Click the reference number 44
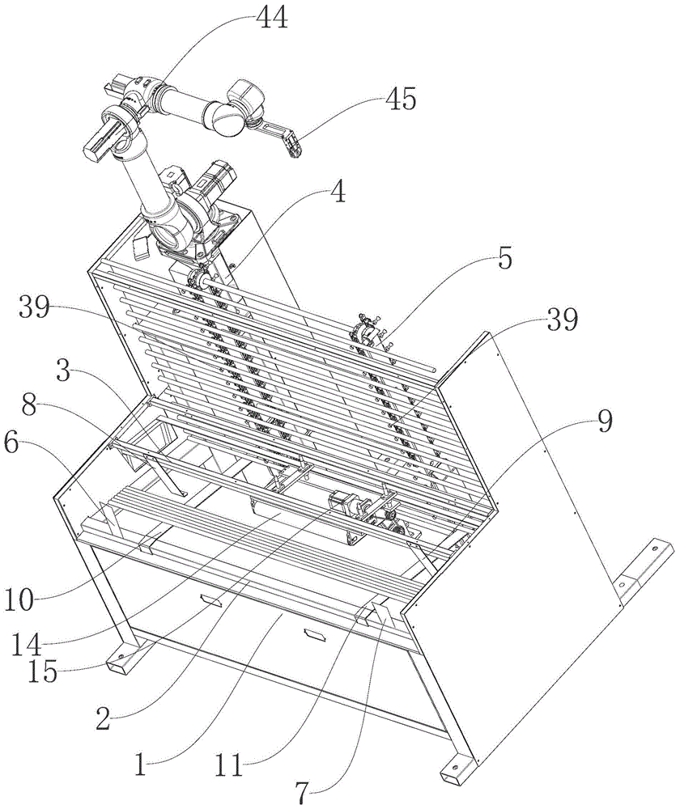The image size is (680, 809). click(271, 19)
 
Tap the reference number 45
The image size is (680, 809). click(399, 100)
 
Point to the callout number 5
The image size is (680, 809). click(504, 261)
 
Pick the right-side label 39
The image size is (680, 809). click(560, 321)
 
